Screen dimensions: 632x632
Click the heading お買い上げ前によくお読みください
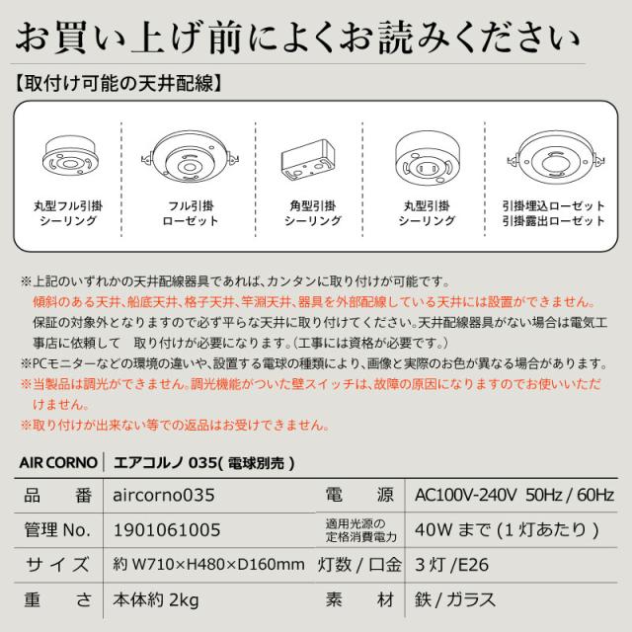click(316, 39)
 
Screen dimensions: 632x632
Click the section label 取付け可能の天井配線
click(126, 83)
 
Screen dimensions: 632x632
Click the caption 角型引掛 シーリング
click(313, 213)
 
